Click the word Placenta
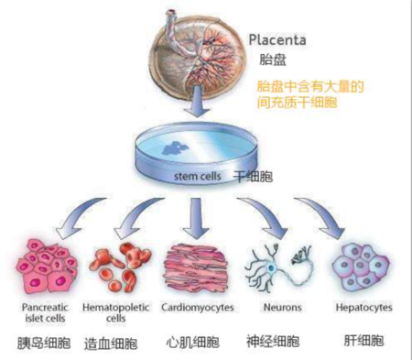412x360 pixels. coord(277,40)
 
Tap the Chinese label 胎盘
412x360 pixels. coord(273,60)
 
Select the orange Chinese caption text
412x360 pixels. coord(310,94)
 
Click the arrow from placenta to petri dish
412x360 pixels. coord(198,101)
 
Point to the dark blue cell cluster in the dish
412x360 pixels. coord(175,148)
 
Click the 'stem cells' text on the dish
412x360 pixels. coord(198,176)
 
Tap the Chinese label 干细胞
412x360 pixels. coord(253,177)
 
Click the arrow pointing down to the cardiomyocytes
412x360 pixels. coord(196,218)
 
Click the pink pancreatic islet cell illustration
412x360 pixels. coord(47,267)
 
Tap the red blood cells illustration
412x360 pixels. coord(120,267)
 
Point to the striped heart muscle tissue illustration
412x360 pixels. coord(196,267)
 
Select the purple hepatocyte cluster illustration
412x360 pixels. coord(361,267)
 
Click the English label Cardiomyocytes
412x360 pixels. coord(198,308)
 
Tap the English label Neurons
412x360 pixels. coord(283,307)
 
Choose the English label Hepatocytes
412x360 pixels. coord(363,308)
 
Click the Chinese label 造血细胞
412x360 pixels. coord(111,343)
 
